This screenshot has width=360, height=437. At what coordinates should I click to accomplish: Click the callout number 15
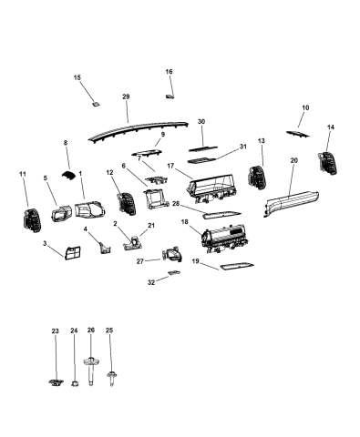pyautogui.click(x=77, y=79)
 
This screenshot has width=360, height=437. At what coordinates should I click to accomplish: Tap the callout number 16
pyautogui.click(x=169, y=72)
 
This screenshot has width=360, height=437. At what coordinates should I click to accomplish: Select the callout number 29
pyautogui.click(x=126, y=97)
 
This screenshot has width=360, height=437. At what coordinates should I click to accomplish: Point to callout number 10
pyautogui.click(x=304, y=108)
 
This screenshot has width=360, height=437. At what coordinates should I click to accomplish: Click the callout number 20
pyautogui.click(x=293, y=160)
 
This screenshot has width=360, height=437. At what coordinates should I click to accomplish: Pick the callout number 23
pyautogui.click(x=55, y=330)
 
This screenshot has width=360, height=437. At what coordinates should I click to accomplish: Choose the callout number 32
pyautogui.click(x=152, y=282)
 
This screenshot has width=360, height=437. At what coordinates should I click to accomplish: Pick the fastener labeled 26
pyautogui.click(x=90, y=368)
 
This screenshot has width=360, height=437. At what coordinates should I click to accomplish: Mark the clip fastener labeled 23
pyautogui.click(x=56, y=382)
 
